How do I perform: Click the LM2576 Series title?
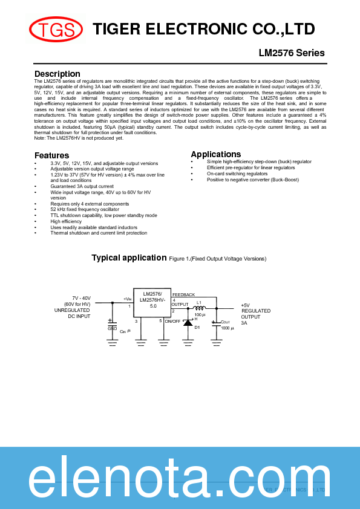(x=292, y=53)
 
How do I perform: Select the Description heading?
(x=57, y=74)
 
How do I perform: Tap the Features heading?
(x=51, y=155)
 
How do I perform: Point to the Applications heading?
(x=215, y=154)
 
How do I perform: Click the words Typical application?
(x=129, y=258)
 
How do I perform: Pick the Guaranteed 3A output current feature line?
(x=82, y=186)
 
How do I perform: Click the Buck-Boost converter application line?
(x=252, y=180)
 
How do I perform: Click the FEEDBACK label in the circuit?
(x=183, y=294)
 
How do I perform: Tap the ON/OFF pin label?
(x=172, y=321)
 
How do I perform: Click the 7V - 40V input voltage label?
(x=81, y=299)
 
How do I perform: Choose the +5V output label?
(x=245, y=305)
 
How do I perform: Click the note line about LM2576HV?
(x=79, y=138)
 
